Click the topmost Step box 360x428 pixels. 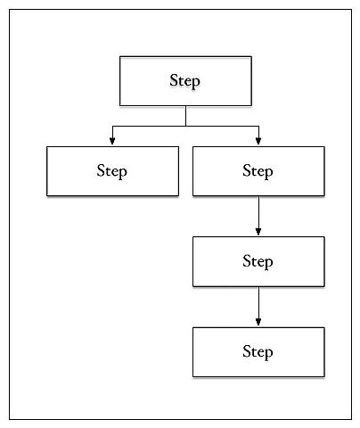185,81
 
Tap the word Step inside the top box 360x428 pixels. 184,81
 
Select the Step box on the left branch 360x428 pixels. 112,171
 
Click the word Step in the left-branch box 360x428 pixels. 111,171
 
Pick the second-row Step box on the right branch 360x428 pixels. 258,171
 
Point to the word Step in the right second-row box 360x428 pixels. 258,171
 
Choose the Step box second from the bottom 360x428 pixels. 258,261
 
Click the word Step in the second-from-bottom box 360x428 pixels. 258,261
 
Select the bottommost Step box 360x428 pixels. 258,352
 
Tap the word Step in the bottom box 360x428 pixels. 258,352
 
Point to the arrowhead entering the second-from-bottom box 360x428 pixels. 258,232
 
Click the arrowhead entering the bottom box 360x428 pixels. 258,322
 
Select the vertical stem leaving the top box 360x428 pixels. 185,116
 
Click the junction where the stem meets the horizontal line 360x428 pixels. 185,127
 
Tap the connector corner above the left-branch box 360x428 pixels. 112,127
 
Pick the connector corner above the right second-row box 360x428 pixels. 258,127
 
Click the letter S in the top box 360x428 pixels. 174,80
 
